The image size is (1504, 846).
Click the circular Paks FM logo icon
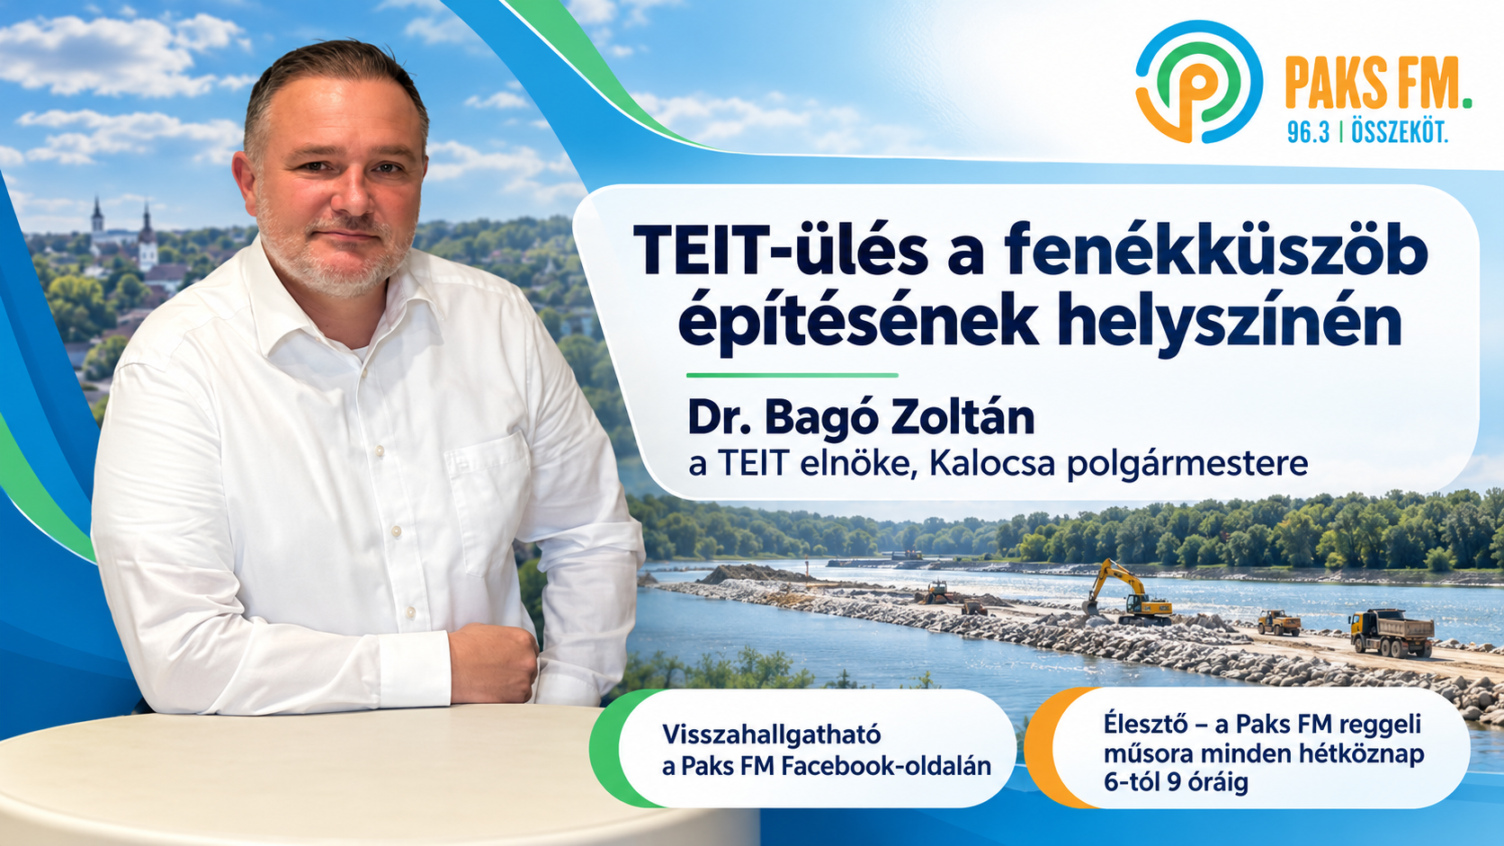point(1199,81)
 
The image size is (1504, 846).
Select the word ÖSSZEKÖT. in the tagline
point(1400,131)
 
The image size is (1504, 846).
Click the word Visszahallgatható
point(772,735)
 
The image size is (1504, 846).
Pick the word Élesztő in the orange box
point(1149,725)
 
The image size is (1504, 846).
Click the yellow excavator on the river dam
point(1129,593)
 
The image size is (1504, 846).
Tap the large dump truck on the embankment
point(1391,631)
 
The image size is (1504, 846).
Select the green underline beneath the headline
point(792,375)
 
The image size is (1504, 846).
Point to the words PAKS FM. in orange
point(1378,84)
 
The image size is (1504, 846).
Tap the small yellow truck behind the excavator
point(1279,622)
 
